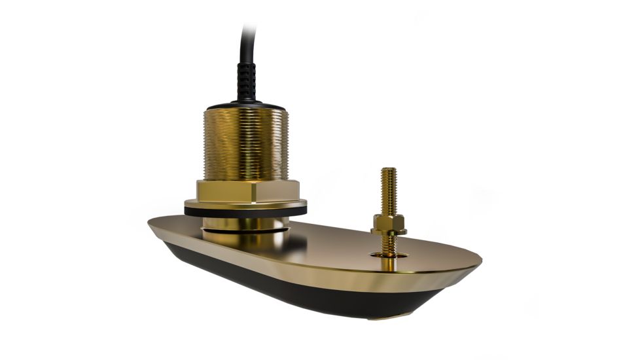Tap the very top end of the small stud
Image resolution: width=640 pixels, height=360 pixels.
pyautogui.click(x=387, y=170)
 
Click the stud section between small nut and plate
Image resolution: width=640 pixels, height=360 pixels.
pyautogui.click(x=389, y=243)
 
